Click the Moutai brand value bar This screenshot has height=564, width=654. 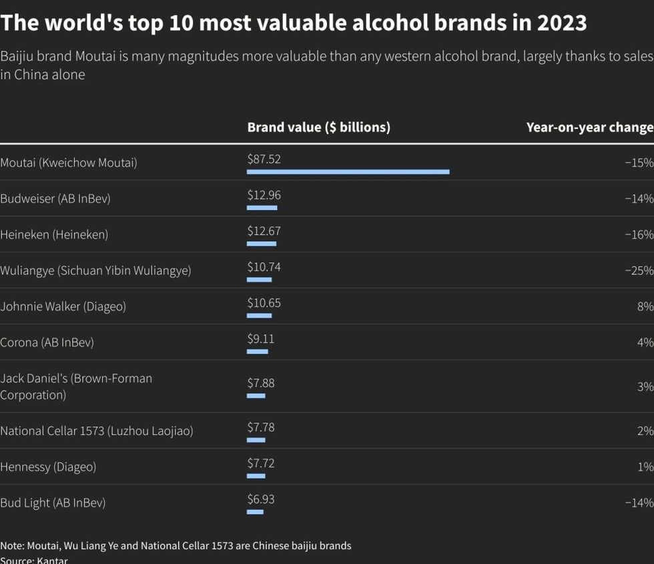(348, 172)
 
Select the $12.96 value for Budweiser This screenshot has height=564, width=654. (264, 196)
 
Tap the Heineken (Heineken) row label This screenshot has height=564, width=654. (54, 234)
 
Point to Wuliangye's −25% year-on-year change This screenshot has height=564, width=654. (639, 270)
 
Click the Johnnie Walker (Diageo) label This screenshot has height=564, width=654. (63, 306)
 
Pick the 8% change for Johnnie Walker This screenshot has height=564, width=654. (645, 306)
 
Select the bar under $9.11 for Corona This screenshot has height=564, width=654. (257, 352)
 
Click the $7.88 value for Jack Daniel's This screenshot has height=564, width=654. (261, 383)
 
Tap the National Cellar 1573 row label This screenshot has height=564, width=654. (97, 431)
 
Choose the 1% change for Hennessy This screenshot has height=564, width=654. (645, 467)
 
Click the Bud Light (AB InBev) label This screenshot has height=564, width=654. (53, 503)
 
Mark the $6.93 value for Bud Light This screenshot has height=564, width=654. (261, 499)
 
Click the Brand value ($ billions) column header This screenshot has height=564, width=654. (318, 127)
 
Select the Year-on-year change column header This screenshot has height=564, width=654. (589, 127)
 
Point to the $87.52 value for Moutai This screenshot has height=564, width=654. (264, 160)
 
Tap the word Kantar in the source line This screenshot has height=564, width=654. (53, 560)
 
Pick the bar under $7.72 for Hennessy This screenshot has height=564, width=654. (256, 476)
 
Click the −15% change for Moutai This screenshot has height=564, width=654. (639, 162)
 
